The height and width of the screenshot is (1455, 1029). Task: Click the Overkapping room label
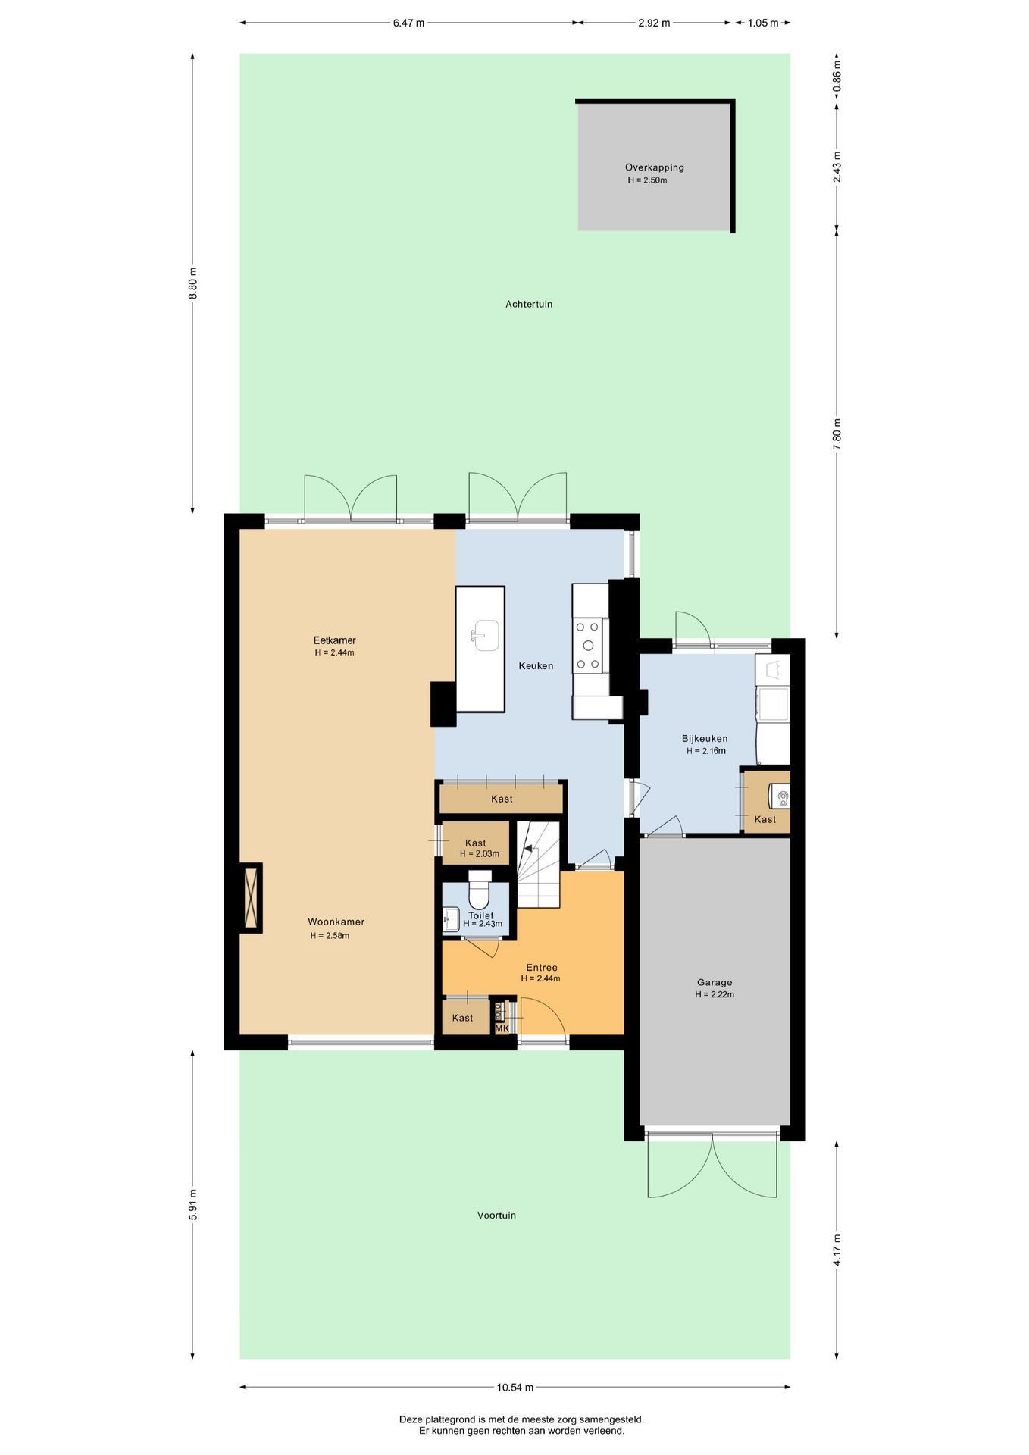tap(654, 167)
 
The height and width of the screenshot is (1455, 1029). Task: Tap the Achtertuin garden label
tap(529, 304)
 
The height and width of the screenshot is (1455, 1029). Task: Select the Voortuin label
tap(496, 1215)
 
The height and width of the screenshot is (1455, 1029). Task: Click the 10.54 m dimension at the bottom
tap(515, 1388)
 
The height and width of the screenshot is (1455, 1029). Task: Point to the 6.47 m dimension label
tap(408, 23)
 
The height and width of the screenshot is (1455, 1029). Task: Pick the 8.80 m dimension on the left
tap(192, 283)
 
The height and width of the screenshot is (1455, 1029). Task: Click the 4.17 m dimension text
tap(837, 1250)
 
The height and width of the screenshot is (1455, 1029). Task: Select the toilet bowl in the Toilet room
tap(480, 891)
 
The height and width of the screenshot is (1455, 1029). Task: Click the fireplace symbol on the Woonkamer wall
tap(251, 898)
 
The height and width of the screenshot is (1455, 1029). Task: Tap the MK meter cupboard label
tap(502, 1028)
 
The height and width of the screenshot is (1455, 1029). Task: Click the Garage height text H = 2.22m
tap(715, 994)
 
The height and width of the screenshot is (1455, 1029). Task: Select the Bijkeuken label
tap(705, 738)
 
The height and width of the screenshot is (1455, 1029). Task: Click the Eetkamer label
tap(335, 640)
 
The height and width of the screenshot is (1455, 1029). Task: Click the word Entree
tap(542, 968)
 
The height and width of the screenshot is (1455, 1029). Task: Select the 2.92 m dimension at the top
tap(654, 23)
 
